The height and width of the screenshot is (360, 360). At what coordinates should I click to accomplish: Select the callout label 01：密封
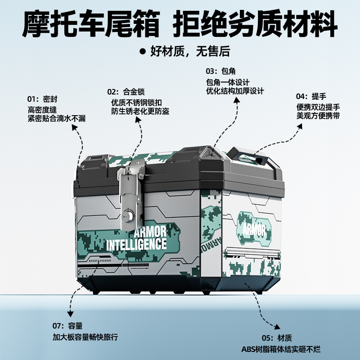coord(42,99)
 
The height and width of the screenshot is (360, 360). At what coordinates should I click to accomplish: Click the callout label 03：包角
coord(221,72)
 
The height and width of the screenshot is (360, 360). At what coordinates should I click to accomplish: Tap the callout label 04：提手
coord(311,96)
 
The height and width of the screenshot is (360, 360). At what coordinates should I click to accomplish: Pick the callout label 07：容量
coord(67,325)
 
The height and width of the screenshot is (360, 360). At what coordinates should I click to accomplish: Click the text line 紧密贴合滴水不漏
coord(56,118)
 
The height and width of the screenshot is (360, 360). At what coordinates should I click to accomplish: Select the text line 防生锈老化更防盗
coord(140,112)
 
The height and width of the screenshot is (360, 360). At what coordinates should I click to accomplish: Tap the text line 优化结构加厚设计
coord(234,91)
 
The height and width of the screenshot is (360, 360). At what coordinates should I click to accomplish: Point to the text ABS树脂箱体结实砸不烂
coord(281,349)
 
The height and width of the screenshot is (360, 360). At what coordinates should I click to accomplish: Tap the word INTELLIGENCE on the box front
coord(136,245)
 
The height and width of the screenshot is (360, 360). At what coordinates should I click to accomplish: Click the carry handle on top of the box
coord(252,155)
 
